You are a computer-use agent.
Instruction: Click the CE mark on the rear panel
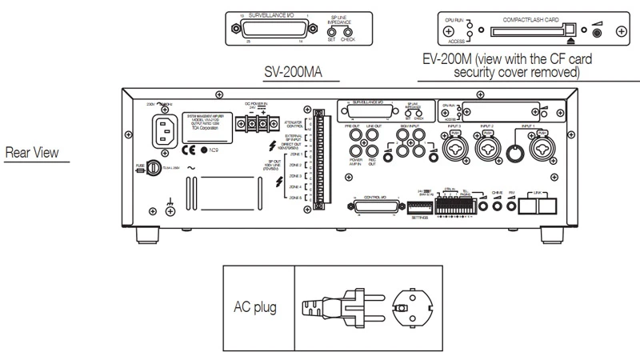pos(186,150)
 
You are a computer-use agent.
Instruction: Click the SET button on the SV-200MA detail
pos(333,31)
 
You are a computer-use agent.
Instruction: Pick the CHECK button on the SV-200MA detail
pos(347,31)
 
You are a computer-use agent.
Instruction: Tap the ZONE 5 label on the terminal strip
pos(294,197)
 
